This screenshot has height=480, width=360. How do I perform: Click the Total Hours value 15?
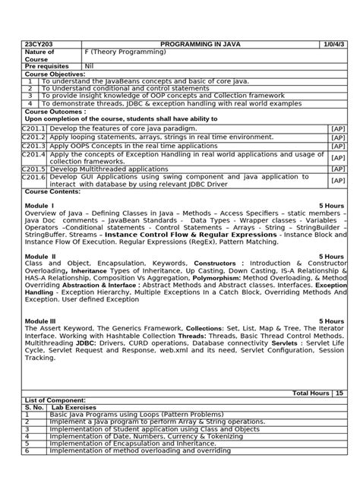click(339, 393)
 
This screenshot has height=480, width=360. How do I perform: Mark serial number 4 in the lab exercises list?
click(27, 437)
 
